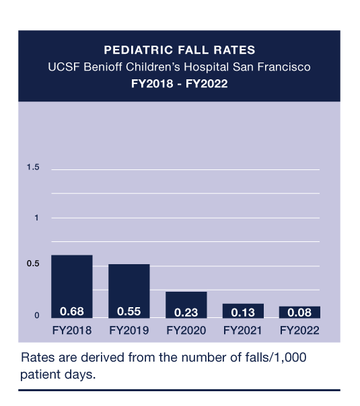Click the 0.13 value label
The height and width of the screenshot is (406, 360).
pos(243,313)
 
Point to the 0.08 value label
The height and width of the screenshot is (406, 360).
pos(299,313)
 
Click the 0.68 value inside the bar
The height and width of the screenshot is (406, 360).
pos(71,312)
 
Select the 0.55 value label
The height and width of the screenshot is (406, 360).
pos(129,312)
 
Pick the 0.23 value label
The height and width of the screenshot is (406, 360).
pos(186,313)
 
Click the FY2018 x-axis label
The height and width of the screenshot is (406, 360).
pos(71,330)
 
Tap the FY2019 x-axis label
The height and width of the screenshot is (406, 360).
pos(129,330)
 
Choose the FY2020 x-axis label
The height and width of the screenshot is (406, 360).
pos(186,330)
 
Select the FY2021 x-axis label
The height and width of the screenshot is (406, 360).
pos(243,330)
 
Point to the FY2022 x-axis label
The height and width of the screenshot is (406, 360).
pos(299,330)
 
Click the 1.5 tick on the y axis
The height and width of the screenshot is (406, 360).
pos(33,167)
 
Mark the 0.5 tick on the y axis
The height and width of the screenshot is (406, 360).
pos(33,264)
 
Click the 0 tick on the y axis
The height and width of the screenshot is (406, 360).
pos(37,315)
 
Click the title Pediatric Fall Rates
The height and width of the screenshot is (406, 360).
pos(179,50)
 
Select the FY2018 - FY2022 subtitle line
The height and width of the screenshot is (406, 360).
pos(179,85)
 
